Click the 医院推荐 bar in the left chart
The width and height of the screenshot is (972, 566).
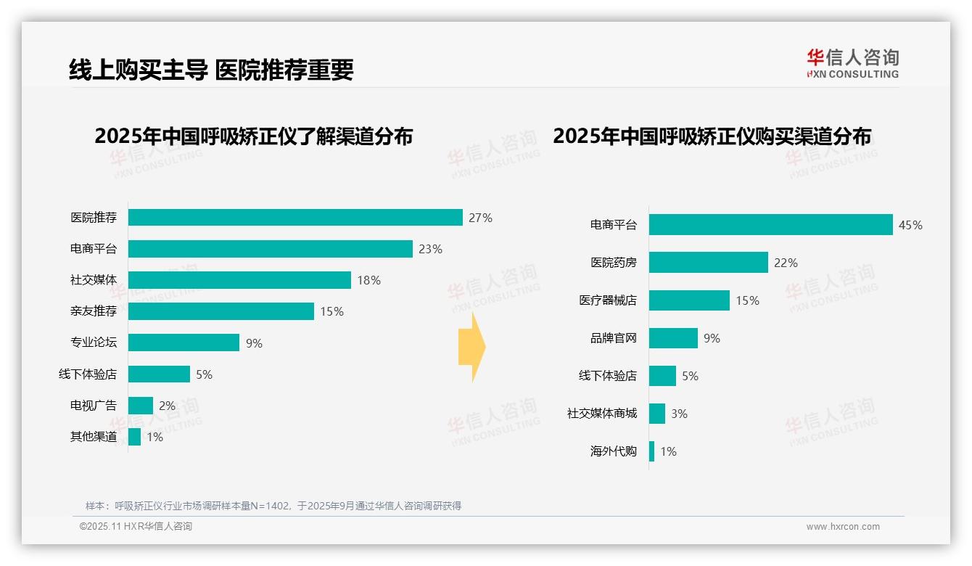point(295,218)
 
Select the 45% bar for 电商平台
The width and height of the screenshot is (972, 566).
point(770,225)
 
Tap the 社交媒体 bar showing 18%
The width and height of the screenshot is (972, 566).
point(239,280)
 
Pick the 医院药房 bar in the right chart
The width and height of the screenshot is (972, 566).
point(708,263)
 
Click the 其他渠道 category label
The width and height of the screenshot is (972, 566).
point(94,437)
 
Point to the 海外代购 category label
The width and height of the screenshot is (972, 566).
point(613,451)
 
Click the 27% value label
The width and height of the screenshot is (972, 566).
point(480,218)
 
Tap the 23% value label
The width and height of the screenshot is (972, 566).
point(430,249)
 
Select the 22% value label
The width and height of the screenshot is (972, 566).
point(786,263)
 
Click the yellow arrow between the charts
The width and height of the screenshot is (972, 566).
point(471,347)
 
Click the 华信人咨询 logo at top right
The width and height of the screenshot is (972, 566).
point(852,63)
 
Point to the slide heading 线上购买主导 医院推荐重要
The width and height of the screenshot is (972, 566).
point(211,70)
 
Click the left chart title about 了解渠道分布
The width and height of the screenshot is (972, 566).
point(253,136)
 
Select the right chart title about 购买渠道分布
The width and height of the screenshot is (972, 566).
point(712,136)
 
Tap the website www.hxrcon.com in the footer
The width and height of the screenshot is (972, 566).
point(843,527)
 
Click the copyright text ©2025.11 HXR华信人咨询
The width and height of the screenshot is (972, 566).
point(136,527)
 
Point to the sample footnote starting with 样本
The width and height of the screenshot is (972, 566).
point(273,506)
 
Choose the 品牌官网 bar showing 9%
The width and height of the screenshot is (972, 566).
point(673,338)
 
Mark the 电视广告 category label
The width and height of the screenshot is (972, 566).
point(94,406)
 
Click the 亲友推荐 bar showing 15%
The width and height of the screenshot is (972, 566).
point(221,311)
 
